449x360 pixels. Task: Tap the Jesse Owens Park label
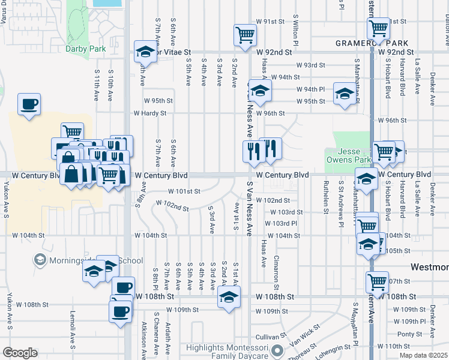pos(346,155)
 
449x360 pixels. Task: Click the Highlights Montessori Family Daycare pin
pos(277,350)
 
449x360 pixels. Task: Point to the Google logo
pos(20,353)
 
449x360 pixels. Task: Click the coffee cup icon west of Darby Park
pos(29,104)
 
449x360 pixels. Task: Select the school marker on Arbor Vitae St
pos(145,52)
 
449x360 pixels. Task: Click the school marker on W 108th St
pos(228,296)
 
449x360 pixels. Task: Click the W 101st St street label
pos(183,191)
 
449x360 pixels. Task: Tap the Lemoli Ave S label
pos(72,335)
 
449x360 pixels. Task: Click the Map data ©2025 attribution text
pos(424,355)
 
